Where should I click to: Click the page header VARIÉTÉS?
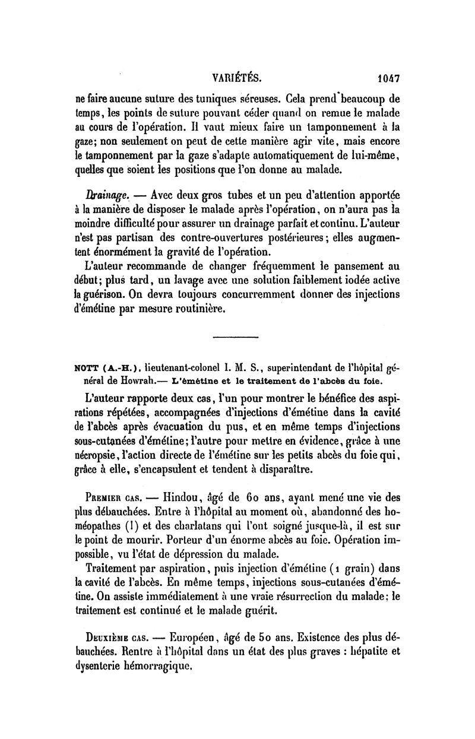(237, 77)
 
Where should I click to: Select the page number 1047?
(388, 77)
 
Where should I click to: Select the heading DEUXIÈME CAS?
(113, 639)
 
